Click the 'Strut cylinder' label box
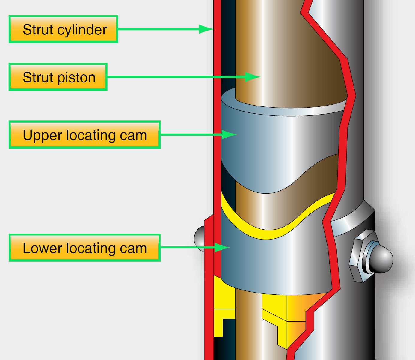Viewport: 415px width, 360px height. (x=63, y=29)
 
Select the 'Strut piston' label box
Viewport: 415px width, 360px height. (x=58, y=77)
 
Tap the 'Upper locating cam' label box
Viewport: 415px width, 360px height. (x=84, y=135)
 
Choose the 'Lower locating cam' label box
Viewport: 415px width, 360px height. (x=84, y=248)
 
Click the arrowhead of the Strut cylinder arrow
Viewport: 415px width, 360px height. (x=207, y=29)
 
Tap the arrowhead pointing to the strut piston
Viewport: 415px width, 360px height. (x=253, y=77)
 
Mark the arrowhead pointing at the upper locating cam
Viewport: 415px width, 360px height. (x=229, y=135)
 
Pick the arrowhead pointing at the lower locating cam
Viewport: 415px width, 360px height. (x=222, y=248)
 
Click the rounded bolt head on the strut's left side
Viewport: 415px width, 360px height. (x=199, y=237)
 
